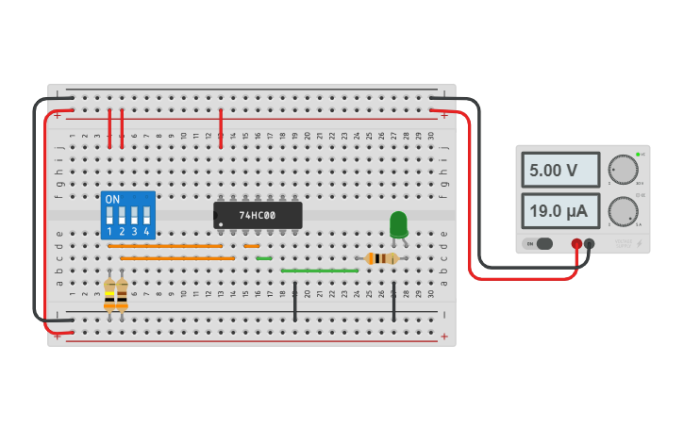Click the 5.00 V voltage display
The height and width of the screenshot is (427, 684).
560,171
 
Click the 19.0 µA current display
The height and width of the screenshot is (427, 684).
560,210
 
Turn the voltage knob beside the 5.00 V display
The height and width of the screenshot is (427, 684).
622,170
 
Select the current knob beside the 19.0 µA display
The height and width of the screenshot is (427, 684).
622,211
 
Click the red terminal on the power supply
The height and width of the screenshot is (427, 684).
576,243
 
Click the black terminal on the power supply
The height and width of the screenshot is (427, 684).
590,243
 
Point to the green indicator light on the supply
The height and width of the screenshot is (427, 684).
638,154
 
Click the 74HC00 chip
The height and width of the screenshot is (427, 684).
258,215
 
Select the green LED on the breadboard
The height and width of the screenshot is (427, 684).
398,224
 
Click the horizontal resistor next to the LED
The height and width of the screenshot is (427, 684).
381,258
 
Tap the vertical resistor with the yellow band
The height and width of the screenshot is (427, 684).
110,293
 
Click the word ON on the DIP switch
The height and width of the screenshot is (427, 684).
112,199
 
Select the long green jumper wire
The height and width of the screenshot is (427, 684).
319,271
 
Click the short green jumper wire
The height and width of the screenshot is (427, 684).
263,258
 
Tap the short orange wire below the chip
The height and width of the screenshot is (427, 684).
251,246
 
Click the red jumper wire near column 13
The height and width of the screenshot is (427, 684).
221,126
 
